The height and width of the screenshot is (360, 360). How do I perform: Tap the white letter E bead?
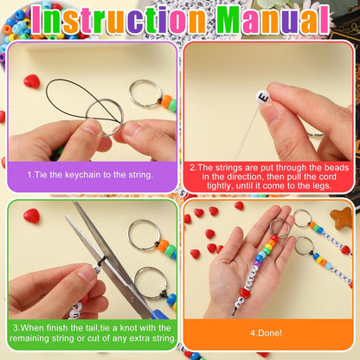tap(263, 97)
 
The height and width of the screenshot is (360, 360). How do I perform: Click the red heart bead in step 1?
tap(32, 81)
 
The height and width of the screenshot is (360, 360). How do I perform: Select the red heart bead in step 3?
tap(31, 216)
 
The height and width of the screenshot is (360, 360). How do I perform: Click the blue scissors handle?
tap(159, 314)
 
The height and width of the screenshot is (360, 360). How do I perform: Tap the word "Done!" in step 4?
tap(270, 333)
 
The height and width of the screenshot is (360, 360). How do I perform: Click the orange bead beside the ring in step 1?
tap(166, 101)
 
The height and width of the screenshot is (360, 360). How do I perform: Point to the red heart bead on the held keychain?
tap(245, 293)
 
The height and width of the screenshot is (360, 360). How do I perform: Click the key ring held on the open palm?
tap(280, 228)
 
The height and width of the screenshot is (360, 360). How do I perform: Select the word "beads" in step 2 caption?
tap(337, 168)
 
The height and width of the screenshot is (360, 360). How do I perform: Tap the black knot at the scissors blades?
tap(102, 259)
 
